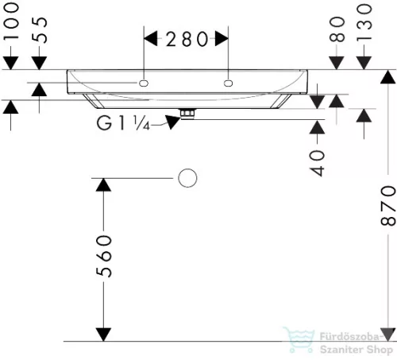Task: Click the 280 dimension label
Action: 187,39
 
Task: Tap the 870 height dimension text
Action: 388,206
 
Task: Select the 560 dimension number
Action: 104,257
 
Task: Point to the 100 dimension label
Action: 11,21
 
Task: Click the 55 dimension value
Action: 40,30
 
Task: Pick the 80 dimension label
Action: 337,29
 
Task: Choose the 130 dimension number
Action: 364,23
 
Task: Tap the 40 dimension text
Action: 317,163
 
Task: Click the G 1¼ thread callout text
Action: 123,123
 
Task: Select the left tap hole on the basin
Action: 144,83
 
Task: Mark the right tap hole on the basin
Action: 228,83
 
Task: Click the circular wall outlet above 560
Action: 187,178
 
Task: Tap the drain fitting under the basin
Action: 187,114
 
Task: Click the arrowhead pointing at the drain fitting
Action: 172,122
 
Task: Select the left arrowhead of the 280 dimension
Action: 151,38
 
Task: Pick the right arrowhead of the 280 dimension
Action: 222,38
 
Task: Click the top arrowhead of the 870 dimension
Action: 388,77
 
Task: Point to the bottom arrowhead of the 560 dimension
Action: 103,335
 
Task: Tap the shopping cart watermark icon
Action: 299,340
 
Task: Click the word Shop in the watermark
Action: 379,350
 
